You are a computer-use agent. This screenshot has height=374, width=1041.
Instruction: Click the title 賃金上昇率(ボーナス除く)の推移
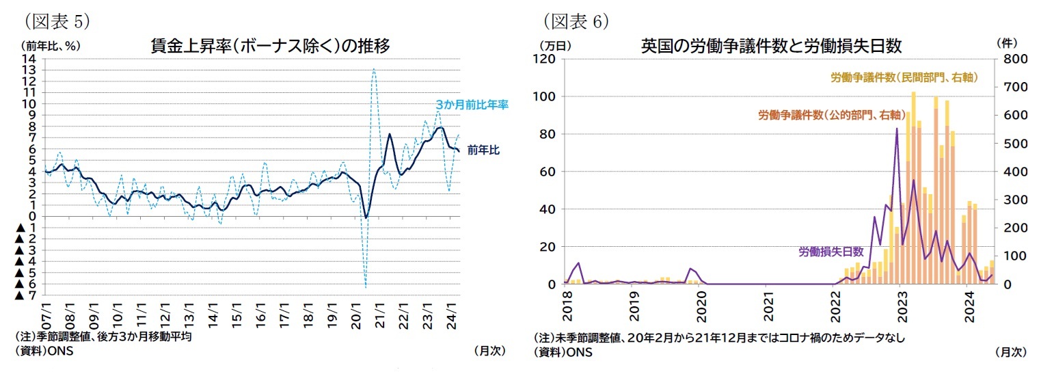pos(270,46)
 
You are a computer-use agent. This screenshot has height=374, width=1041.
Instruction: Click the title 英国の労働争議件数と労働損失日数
pos(771,46)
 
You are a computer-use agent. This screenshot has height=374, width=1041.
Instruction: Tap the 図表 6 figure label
pos(576,21)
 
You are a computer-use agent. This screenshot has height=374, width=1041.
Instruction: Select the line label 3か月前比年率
pos(472,105)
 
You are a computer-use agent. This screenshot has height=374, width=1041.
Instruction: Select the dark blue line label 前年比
pos(483,150)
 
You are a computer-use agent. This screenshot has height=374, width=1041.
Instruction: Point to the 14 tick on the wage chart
pos(29,59)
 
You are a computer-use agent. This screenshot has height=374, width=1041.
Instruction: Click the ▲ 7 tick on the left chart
pos(25,295)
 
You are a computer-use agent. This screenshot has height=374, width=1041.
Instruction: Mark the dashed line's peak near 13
pos(374,69)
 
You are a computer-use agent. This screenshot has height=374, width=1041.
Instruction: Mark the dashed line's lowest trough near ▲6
pos(366,286)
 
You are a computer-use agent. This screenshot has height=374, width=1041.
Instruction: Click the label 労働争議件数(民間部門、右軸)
pos(904,79)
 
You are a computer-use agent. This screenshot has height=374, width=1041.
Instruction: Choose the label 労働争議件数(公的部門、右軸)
pos(832,115)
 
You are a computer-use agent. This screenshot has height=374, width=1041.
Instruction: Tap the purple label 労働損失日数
pos(831,252)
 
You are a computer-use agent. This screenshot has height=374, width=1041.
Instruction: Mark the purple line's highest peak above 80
pos(897,129)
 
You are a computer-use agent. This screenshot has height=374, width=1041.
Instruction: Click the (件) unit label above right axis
pos(1007,42)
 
